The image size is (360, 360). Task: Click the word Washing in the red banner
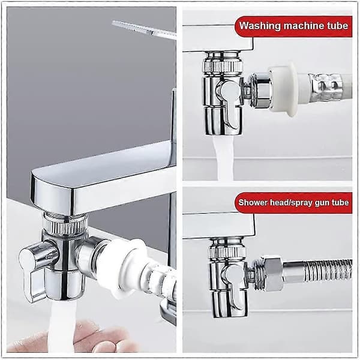click(260, 26)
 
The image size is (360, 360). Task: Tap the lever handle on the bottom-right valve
click(235, 284)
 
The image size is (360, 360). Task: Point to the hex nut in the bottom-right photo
click(272, 274)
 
